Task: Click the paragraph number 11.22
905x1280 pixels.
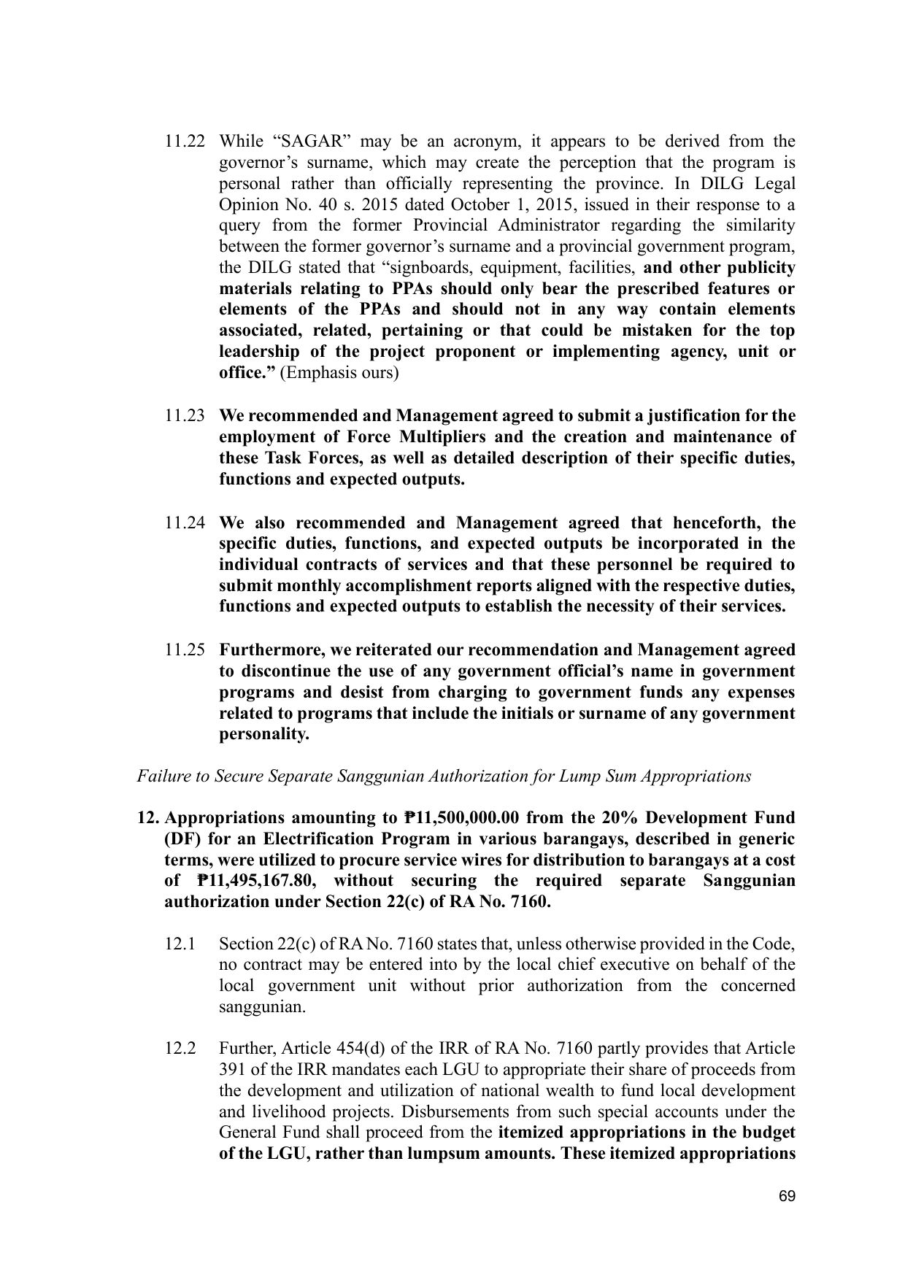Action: (185, 141)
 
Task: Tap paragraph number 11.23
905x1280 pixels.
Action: (185, 416)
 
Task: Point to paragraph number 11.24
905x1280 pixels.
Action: (185, 523)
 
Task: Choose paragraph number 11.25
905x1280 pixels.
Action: (185, 650)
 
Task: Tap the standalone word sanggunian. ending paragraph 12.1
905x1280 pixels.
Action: (253, 1007)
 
